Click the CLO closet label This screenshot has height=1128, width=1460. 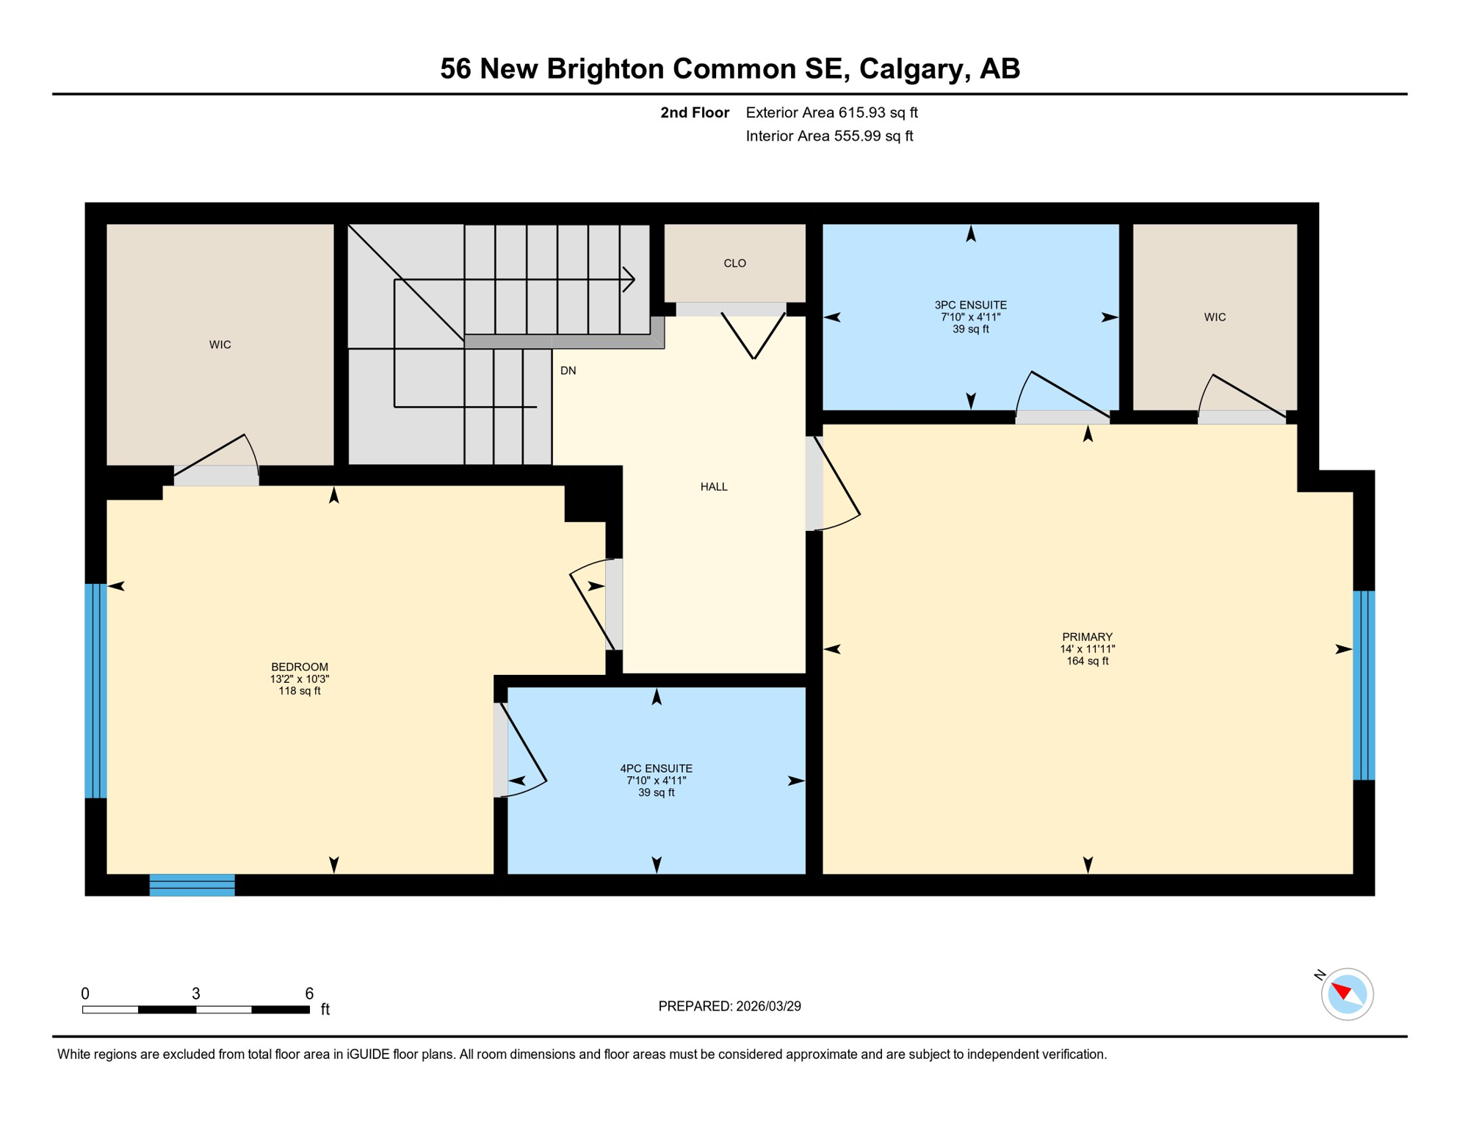pos(734,264)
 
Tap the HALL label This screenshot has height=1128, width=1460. pos(714,487)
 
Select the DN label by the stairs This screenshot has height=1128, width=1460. pos(568,371)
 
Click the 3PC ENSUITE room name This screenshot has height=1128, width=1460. pos(970,305)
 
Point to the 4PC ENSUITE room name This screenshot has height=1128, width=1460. pos(656,769)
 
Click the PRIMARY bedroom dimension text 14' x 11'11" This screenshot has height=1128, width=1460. pos(1087,649)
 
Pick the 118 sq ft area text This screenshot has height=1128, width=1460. pos(299,691)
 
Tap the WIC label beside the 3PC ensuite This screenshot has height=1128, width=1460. pos(1215,317)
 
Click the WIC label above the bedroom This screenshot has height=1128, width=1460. pos(220,344)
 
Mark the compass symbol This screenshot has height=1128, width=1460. pos(1347,994)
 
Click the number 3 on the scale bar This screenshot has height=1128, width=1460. pos(196,994)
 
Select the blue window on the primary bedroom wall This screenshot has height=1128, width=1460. pos(1364,685)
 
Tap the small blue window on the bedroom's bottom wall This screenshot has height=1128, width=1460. pos(192,885)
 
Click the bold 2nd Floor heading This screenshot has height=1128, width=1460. pos(694,112)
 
